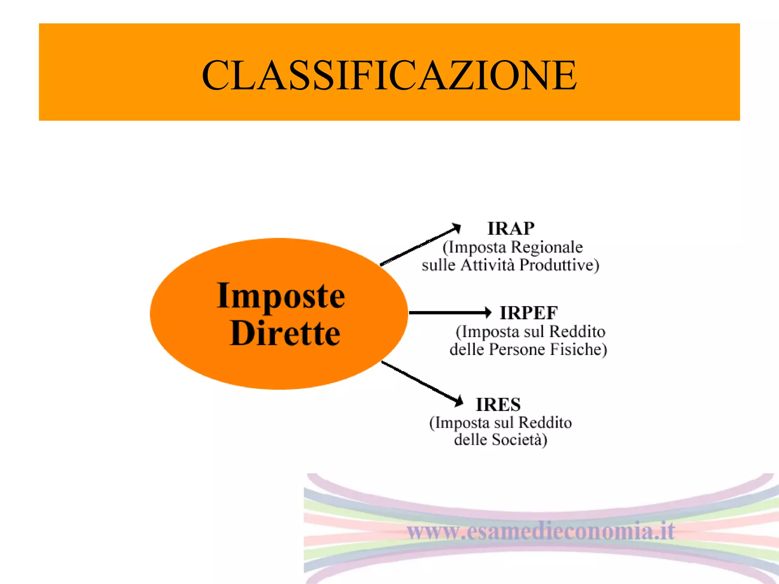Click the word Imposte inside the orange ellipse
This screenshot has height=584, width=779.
coord(281,296)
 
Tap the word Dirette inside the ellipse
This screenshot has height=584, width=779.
coord(285,333)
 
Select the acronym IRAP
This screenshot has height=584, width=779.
coord(511,229)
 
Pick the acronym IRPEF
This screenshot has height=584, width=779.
coord(529,313)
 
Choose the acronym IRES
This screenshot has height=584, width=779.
coord(498,405)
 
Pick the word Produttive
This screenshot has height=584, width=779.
coord(559,265)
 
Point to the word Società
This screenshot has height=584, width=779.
coord(519,440)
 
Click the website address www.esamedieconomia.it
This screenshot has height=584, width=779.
coord(541,531)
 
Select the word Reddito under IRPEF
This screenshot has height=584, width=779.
coord(577,332)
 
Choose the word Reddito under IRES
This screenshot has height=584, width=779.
coord(545,423)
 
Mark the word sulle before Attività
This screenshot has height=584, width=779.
coord(439,265)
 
